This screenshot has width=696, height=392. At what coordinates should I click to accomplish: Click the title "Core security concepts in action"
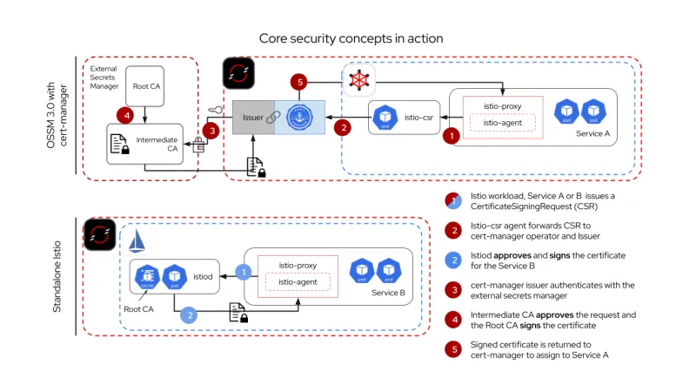[x=351, y=38]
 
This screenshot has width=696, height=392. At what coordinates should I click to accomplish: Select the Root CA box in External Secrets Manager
[x=145, y=86]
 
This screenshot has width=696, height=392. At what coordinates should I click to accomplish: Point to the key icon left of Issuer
[x=216, y=110]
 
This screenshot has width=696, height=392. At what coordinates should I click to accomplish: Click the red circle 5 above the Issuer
[x=299, y=83]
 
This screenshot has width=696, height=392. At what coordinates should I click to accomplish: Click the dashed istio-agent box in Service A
[x=502, y=123]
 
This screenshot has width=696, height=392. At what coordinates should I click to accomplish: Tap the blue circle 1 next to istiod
[x=244, y=273]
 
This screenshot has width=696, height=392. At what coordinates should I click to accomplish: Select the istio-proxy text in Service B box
[x=296, y=265]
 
